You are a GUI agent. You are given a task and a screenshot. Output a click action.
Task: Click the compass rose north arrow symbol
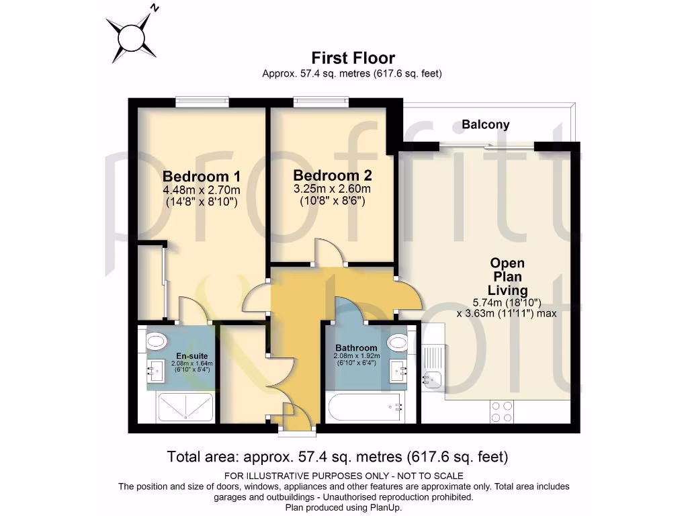pyautogui.click(x=132, y=38)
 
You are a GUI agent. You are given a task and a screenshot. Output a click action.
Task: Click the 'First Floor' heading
pyautogui.click(x=353, y=58)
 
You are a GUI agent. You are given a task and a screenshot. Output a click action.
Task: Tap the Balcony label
pyautogui.click(x=485, y=124)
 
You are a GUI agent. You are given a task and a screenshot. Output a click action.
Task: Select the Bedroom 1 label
pyautogui.click(x=202, y=177)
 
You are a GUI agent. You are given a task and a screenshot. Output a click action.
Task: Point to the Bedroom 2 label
pyautogui.click(x=333, y=175)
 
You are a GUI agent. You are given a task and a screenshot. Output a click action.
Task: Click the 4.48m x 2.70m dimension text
pyautogui.click(x=202, y=190)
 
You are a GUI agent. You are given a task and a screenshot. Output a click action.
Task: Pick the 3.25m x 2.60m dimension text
pyautogui.click(x=332, y=189)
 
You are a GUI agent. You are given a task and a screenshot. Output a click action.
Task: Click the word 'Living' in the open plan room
pyautogui.click(x=508, y=290)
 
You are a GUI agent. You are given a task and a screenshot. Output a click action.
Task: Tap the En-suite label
pyautogui.click(x=191, y=356)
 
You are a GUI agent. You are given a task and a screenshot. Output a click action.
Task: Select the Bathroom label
pyautogui.click(x=356, y=348)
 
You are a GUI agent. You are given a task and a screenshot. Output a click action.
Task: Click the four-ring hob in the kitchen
pyautogui.click(x=501, y=412)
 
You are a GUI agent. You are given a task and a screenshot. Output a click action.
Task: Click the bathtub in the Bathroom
pyautogui.click(x=365, y=408)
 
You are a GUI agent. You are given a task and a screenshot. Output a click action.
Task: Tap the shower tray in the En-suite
pyautogui.click(x=185, y=408)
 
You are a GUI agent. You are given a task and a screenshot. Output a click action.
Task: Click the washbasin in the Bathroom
pyautogui.click(x=399, y=371)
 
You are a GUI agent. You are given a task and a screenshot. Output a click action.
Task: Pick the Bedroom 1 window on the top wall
pyautogui.click(x=202, y=102)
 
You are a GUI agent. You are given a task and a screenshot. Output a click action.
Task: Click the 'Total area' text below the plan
pyautogui.click(x=337, y=457)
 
